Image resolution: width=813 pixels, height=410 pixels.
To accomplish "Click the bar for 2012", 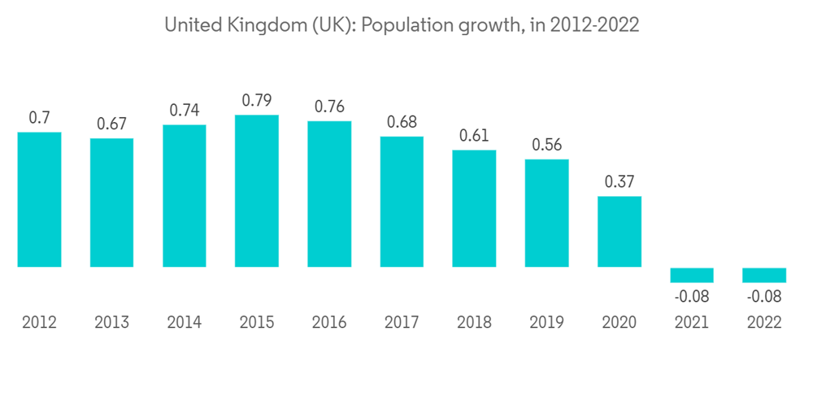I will coord(39,199).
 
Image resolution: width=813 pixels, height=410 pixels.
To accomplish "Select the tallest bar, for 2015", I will coord(257,191).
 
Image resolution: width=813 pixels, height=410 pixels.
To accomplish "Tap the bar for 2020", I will coord(620,232).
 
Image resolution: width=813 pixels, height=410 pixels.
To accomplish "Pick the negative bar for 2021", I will coord(692,275).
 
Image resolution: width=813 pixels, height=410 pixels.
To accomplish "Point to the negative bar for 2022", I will coord(764,275).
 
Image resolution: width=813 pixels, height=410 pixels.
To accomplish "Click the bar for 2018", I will coord(474,209).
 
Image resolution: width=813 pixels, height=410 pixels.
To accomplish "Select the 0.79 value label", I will coord(257,101).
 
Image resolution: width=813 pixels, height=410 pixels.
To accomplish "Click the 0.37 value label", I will coord(620,182).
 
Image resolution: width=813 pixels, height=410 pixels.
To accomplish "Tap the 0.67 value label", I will coord(111,124).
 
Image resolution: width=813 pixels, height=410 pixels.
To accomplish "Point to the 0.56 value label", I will coord(546,146).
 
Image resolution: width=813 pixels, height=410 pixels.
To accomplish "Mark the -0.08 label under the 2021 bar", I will coord(692,297).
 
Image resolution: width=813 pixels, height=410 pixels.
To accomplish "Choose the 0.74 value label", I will coord(185,111).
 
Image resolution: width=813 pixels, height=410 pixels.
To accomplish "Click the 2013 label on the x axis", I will coord(111,323).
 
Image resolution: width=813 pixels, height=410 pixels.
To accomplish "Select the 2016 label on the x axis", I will coord(329,323).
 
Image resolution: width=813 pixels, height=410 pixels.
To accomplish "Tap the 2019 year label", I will coord(546,323).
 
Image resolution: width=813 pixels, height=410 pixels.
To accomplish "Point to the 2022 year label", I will coord(764,323).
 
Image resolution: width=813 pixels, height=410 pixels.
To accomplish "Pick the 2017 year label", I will coord(402,323).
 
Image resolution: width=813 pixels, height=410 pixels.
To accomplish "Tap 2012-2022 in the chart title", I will coord(594,26).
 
